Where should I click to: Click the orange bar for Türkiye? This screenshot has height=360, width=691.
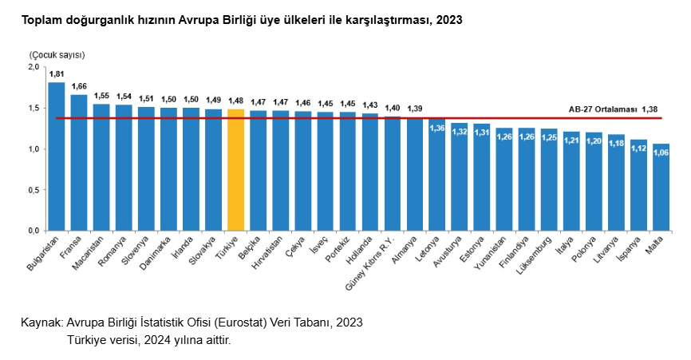(235, 170)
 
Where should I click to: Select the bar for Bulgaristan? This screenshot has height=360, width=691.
(57, 156)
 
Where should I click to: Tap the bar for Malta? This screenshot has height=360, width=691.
(661, 187)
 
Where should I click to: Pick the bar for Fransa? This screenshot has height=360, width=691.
(79, 163)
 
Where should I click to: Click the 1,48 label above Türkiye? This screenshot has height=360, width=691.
(235, 101)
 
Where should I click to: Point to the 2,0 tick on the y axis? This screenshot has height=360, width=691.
(34, 67)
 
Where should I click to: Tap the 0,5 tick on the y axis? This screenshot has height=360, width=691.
(34, 190)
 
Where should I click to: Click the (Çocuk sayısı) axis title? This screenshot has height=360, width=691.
(57, 54)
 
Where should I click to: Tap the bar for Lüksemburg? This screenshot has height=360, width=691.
(549, 180)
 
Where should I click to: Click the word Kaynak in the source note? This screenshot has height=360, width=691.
(41, 322)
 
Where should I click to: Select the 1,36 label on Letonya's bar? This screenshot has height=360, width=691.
(437, 128)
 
